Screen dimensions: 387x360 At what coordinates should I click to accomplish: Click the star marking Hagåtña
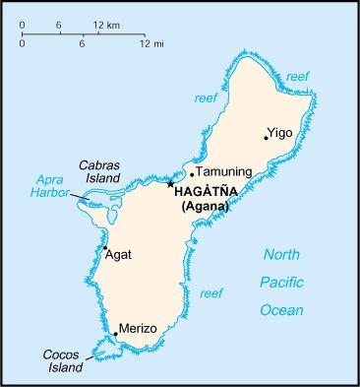pos(170,183)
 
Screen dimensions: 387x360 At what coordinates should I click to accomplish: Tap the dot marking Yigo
pos(266,138)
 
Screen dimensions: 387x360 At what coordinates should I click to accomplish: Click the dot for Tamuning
pos(192,174)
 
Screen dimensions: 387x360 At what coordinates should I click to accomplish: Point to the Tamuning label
pos(224,171)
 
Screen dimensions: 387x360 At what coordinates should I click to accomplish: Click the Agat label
pos(120,254)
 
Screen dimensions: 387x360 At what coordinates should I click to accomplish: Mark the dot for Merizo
pos(114,334)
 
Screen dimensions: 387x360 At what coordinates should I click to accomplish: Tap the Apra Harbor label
pos(49,186)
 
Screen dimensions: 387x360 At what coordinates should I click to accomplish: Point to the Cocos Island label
pos(62,360)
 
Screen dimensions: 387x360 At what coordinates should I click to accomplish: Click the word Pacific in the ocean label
pos(281,282)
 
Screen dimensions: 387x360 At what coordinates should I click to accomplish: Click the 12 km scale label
pos(107,23)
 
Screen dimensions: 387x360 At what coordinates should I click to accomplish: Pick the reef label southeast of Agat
pos(210,293)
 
